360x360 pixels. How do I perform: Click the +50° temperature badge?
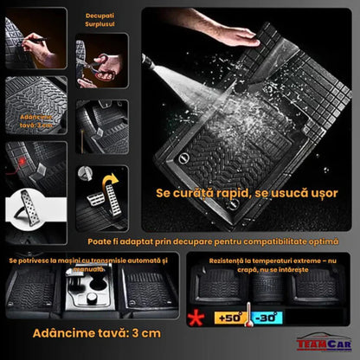229,318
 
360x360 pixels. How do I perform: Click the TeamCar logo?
322,343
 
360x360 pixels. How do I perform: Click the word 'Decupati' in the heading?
100,16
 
